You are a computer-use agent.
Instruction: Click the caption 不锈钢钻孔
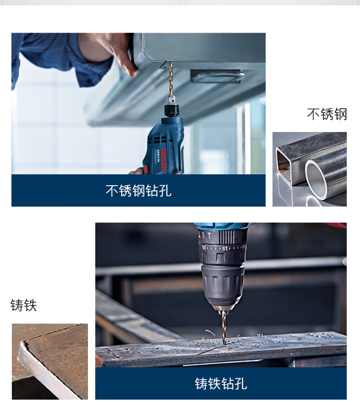(x=139, y=191)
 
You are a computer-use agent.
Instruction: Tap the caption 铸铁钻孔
(x=221, y=383)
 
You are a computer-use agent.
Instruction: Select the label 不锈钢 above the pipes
(x=327, y=114)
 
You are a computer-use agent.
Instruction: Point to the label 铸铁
(x=24, y=305)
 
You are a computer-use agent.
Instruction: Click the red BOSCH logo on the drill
(x=163, y=160)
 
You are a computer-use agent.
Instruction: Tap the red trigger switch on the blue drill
(x=145, y=170)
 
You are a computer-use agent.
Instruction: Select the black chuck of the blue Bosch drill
(x=172, y=109)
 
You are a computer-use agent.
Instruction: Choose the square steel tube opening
(x=284, y=164)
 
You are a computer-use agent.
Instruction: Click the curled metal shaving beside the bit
(x=210, y=332)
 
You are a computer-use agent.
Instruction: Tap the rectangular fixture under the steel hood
(x=217, y=76)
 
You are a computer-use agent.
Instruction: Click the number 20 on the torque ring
(x=205, y=247)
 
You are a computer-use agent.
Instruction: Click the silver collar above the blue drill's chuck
(x=171, y=99)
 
